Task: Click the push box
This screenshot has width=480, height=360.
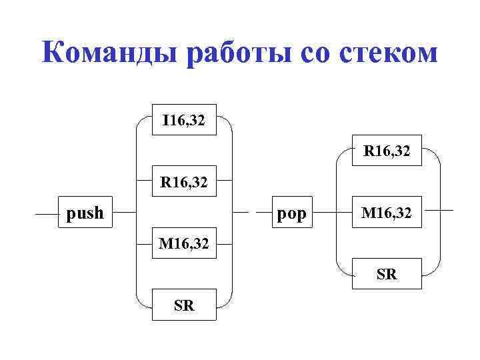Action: click(x=85, y=213)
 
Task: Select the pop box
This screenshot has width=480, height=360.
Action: click(x=291, y=213)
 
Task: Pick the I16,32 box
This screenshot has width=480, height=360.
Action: click(x=183, y=120)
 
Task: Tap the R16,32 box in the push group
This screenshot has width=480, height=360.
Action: click(x=183, y=181)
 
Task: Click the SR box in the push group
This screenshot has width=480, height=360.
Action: click(x=183, y=305)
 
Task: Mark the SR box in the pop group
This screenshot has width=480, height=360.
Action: click(x=387, y=273)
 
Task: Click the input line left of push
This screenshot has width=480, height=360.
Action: click(x=47, y=215)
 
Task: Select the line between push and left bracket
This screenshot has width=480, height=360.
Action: click(x=124, y=214)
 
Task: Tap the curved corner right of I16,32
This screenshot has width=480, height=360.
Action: click(x=228, y=125)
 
